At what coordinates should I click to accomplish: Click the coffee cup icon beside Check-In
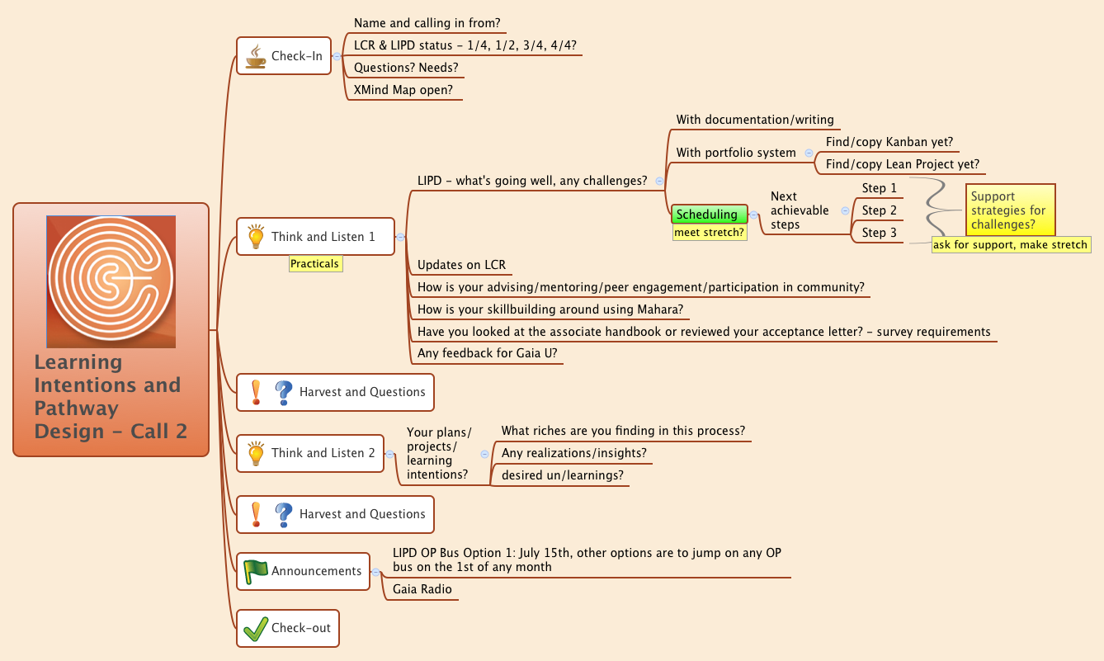point(256,56)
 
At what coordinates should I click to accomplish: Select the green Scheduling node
point(708,215)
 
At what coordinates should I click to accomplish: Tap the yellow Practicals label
point(314,264)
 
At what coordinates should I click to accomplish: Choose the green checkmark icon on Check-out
point(256,628)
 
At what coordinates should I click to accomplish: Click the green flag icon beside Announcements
point(256,570)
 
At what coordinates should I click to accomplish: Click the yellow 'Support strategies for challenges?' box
point(1010,210)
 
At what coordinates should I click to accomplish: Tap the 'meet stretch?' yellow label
point(709,233)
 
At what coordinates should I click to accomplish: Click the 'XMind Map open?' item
point(403,90)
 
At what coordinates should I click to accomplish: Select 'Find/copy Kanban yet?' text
point(889,142)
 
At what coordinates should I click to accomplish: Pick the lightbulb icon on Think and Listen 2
point(256,453)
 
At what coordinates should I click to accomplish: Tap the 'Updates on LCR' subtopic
point(461,266)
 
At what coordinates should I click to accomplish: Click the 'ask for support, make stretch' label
point(1010,245)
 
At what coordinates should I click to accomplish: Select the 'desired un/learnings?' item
point(562,475)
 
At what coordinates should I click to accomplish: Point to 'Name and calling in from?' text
point(427,23)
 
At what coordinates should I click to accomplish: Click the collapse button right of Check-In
point(338,56)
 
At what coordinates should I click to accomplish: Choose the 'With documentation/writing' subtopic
point(755,120)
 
